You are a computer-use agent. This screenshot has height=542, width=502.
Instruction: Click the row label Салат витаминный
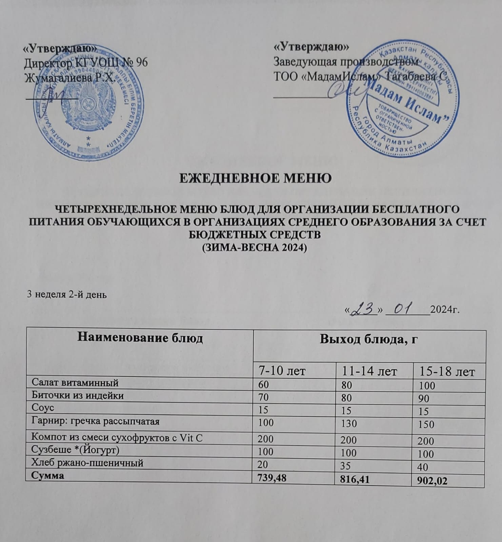[x=75, y=383]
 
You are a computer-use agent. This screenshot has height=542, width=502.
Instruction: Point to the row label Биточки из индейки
[x=78, y=395]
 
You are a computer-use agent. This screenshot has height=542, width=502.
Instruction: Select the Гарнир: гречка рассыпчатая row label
[x=95, y=421]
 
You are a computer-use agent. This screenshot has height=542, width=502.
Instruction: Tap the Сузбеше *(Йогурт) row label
[x=75, y=451]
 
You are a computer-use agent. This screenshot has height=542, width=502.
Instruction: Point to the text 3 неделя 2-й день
[x=67, y=294]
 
